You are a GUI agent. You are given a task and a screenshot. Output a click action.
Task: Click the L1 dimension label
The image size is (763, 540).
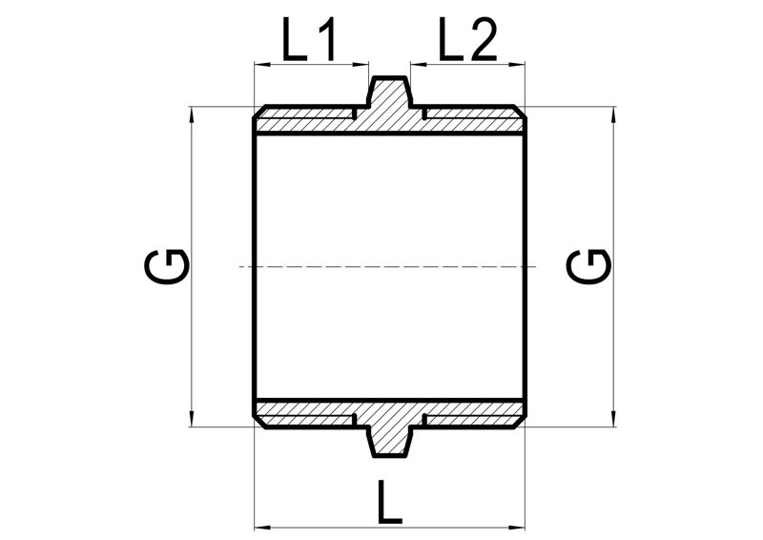click(x=309, y=39)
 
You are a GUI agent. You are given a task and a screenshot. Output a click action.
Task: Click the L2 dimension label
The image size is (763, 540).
click(x=467, y=39)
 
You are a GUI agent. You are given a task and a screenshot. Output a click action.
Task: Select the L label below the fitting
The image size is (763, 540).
click(x=390, y=502)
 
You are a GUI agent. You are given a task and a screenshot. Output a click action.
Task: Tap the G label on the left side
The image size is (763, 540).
click(x=166, y=266)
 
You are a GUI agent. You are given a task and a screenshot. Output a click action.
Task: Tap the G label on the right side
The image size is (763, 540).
click(x=588, y=266)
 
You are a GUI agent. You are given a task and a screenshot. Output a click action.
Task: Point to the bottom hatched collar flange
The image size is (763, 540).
click(x=389, y=440)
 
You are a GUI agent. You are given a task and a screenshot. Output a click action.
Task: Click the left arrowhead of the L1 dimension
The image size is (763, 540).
click(x=262, y=64)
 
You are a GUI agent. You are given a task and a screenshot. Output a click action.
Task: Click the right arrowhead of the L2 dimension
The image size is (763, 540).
click(x=517, y=64)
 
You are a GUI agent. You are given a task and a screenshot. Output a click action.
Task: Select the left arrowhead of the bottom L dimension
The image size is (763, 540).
click(x=262, y=528)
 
